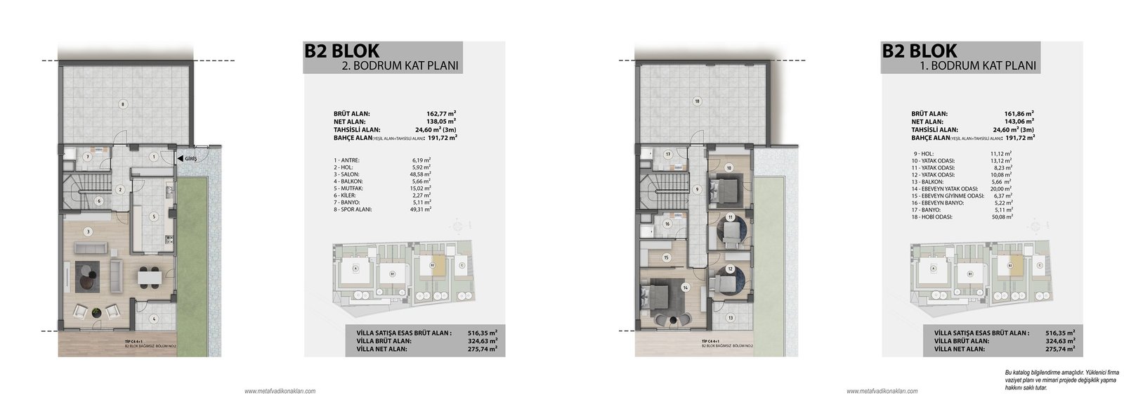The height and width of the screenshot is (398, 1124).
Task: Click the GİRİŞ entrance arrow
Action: [x=181, y=158]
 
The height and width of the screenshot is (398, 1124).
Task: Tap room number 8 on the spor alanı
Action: [x=123, y=104]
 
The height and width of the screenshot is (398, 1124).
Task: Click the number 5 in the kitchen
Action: [x=152, y=216]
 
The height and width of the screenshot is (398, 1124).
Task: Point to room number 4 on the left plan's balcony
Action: [x=154, y=317]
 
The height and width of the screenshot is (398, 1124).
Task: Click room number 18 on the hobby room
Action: [x=696, y=101]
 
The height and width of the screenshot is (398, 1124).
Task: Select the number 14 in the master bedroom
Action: [x=683, y=287]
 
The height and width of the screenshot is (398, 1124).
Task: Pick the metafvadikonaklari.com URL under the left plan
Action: [x=280, y=391]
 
